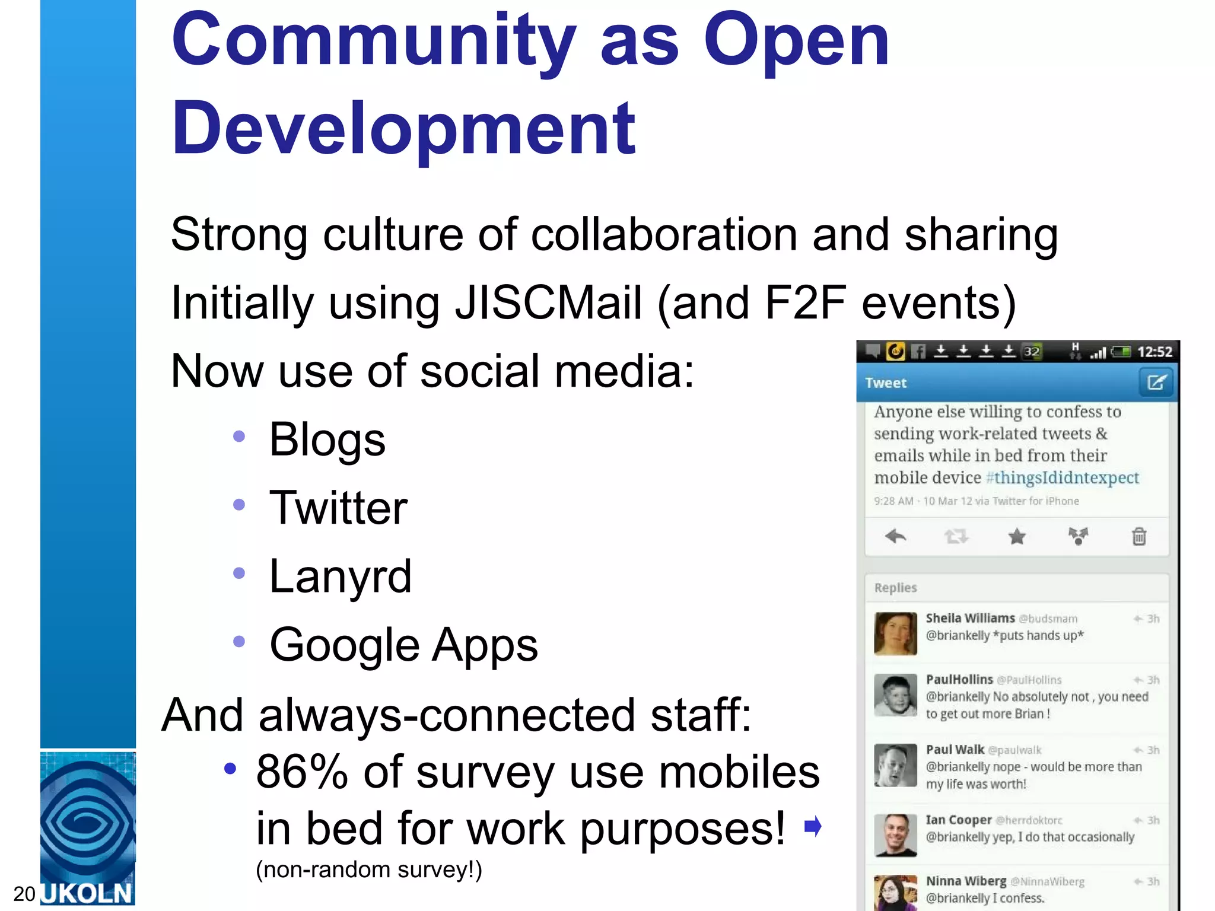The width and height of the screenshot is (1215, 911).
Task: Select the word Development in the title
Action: point(403,129)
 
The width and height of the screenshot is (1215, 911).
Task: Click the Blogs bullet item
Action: point(327,439)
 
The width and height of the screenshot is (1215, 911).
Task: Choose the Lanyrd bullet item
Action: point(340,576)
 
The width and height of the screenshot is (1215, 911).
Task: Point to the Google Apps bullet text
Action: point(403,645)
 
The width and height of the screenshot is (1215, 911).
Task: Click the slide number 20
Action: point(24,894)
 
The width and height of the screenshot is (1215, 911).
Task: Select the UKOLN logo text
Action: point(88,894)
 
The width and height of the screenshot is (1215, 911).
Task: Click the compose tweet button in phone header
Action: point(1156,383)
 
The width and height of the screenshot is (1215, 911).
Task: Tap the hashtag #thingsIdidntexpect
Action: point(1062,478)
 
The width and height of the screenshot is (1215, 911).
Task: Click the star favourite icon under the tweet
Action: point(1017,537)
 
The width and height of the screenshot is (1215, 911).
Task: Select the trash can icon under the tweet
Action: point(1139,537)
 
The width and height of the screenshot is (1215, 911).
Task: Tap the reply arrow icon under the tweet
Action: point(895,537)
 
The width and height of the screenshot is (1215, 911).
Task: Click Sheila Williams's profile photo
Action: point(895,633)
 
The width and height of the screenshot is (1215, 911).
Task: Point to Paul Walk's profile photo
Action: point(895,765)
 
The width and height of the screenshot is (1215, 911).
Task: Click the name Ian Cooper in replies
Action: point(959,820)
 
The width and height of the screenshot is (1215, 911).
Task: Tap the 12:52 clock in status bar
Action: point(1154,352)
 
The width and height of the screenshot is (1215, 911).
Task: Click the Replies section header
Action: point(896,588)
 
